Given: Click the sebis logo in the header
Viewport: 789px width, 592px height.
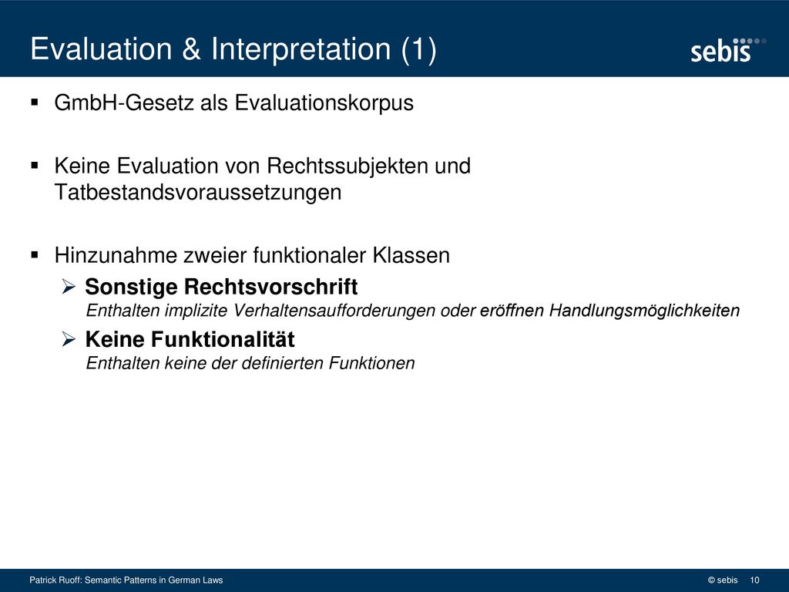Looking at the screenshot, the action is [728, 50].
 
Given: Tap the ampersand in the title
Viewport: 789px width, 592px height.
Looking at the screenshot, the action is [191, 49].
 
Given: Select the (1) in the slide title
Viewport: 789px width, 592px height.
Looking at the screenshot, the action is [418, 50].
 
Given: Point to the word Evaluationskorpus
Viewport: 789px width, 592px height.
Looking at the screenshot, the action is [324, 103].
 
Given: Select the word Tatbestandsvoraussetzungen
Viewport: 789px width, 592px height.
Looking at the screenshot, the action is [198, 192].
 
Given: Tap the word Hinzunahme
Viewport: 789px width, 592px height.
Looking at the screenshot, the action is [116, 255].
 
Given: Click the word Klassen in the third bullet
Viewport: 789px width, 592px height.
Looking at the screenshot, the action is [411, 255].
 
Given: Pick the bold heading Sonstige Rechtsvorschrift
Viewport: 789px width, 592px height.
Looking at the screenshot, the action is [221, 287].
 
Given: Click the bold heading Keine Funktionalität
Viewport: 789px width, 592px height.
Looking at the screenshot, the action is [190, 339].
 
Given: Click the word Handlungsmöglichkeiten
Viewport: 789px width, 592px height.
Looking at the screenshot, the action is [644, 311].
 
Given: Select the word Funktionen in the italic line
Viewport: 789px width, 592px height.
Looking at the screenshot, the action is [371, 363].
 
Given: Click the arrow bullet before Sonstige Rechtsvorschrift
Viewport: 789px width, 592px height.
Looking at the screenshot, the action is [69, 287].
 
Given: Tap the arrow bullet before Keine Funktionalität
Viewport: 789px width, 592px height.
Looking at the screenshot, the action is [69, 339].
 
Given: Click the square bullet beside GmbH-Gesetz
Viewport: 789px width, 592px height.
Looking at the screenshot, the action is [34, 103].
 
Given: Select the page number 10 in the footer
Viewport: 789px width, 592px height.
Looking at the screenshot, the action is [754, 580].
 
